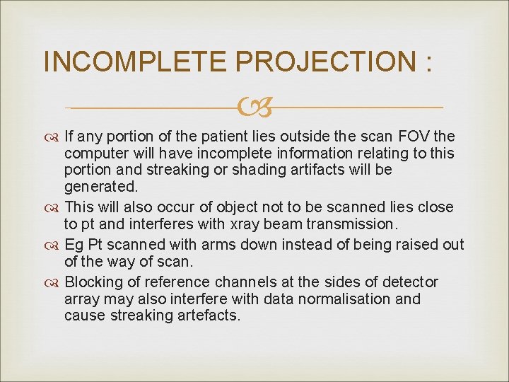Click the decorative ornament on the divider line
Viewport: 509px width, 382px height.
click(255, 108)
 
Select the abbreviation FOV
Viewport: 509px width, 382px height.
click(415, 136)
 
